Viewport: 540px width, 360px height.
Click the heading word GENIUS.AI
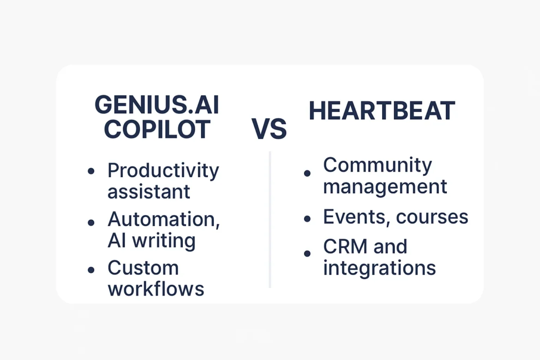(x=156, y=106)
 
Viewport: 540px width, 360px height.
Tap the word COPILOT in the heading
(x=157, y=130)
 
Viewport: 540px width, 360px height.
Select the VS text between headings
(x=269, y=129)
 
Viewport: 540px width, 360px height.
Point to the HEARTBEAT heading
(x=382, y=111)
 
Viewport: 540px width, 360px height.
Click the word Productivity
(x=163, y=171)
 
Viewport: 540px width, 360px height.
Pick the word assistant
(x=149, y=191)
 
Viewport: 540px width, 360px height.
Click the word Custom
(x=143, y=268)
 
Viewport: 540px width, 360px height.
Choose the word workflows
(x=156, y=289)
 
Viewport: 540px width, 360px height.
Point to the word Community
(x=377, y=165)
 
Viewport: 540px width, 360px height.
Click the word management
(x=385, y=186)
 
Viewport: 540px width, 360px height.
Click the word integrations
(x=379, y=268)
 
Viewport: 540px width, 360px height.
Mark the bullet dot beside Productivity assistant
(x=91, y=171)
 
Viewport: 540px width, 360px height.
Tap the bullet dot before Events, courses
(x=307, y=218)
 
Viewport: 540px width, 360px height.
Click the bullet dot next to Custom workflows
(x=91, y=269)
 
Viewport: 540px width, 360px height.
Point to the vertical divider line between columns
(x=270, y=219)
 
